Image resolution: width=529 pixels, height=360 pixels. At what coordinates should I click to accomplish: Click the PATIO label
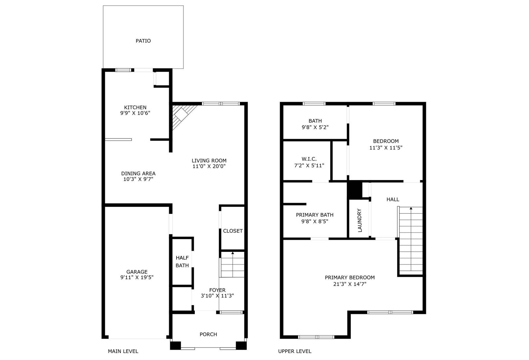(x=143, y=41)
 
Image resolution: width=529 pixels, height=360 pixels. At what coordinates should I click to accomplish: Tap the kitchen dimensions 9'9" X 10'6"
(x=135, y=113)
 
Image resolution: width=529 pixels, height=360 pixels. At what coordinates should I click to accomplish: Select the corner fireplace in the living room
(x=184, y=117)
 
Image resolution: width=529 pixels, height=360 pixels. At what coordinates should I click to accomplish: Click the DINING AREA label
(x=138, y=174)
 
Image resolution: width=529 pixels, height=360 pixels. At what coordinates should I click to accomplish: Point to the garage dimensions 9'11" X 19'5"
(x=137, y=277)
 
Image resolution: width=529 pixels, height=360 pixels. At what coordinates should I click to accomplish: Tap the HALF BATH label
(x=182, y=261)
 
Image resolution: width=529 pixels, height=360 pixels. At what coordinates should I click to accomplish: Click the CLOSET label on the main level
(x=233, y=231)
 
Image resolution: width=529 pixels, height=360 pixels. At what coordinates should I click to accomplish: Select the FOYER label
(x=217, y=290)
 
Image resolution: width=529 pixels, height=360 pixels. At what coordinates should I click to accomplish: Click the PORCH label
(x=208, y=335)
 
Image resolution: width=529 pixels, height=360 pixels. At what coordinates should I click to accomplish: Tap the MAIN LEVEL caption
(x=123, y=351)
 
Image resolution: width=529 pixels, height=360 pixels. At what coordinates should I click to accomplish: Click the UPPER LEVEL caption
(x=295, y=351)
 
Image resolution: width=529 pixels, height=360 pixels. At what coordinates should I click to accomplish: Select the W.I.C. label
(x=309, y=159)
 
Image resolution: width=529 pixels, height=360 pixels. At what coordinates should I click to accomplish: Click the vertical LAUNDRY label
(x=360, y=220)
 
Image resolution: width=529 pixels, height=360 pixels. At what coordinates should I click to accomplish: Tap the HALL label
(x=393, y=199)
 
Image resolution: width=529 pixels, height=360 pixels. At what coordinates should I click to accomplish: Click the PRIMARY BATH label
(x=314, y=215)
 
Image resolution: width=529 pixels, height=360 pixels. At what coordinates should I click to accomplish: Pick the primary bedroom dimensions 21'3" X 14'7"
(x=350, y=284)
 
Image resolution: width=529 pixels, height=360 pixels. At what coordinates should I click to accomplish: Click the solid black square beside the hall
(x=355, y=190)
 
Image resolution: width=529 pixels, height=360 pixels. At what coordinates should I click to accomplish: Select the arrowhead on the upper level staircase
(x=411, y=208)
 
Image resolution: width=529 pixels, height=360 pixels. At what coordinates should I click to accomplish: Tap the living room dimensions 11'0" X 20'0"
(x=209, y=166)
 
